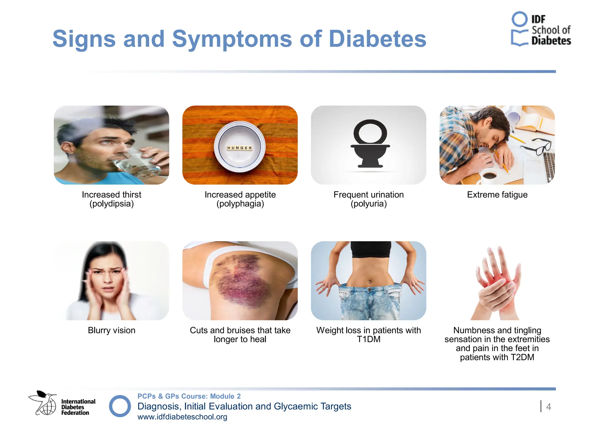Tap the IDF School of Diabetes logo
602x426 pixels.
coord(541,29)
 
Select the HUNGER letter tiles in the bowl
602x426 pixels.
coord(240,148)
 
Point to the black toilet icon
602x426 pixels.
coord(370,144)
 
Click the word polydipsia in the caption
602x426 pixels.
coord(112,204)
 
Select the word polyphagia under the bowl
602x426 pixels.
coord(240,204)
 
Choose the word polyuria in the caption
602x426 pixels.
coord(369,204)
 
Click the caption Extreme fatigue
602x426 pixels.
coord(497,195)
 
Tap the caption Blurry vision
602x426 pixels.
coord(111,330)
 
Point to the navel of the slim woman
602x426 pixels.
coord(370,281)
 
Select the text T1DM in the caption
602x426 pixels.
coord(369,339)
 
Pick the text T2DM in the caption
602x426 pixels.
coord(522,357)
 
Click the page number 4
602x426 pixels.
coord(548,407)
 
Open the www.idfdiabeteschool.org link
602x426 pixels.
coord(182,417)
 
